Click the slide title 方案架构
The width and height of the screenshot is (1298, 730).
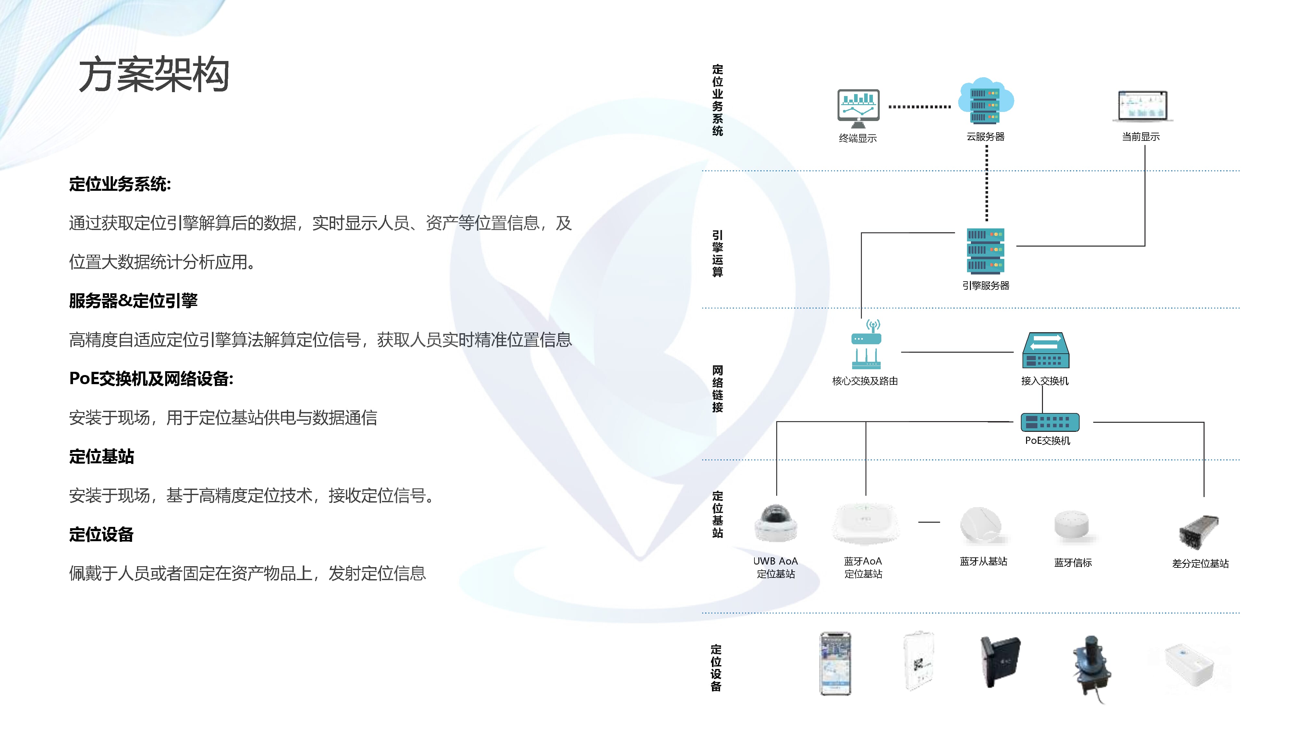pos(154,75)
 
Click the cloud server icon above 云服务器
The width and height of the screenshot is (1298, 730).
pos(985,101)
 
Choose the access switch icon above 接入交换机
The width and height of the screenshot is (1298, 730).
pos(1045,351)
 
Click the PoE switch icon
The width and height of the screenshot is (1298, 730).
pos(1049,422)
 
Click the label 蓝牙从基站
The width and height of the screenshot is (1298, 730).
pos(983,561)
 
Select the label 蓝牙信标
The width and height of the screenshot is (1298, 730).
pos(1073,563)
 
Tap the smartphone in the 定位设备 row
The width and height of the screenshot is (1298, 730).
pos(835,663)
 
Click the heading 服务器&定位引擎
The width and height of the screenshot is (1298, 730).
pos(133,301)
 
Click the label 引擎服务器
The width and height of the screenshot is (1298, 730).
pos(986,286)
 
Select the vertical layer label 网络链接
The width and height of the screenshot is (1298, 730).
pos(717,389)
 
